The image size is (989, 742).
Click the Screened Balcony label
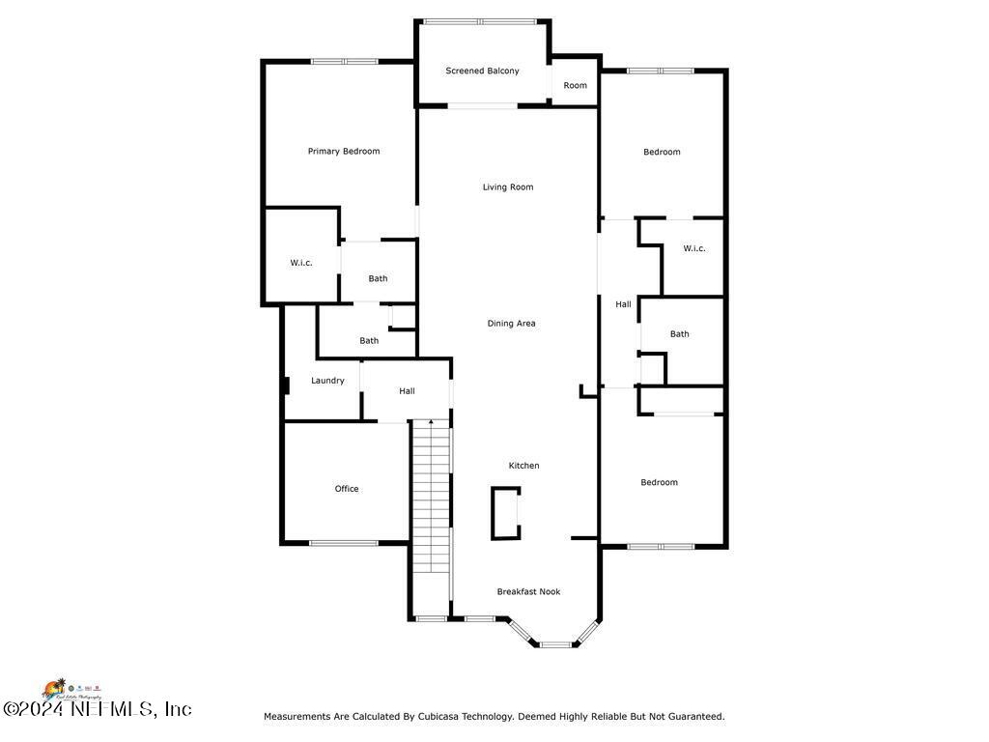click(x=482, y=71)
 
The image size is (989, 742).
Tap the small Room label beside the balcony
click(x=575, y=86)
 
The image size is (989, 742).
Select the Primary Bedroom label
click(x=344, y=151)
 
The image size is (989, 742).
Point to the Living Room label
click(x=508, y=187)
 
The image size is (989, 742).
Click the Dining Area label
click(x=511, y=324)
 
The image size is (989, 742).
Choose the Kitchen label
click(x=524, y=466)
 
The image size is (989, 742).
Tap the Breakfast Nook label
click(x=528, y=591)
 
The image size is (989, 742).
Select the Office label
click(x=347, y=489)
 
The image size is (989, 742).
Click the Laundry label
click(x=327, y=381)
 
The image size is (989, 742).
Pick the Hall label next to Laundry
click(x=407, y=391)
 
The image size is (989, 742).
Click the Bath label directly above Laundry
click(x=369, y=341)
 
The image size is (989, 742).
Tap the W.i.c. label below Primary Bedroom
click(x=301, y=263)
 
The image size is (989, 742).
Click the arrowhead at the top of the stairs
click(x=431, y=422)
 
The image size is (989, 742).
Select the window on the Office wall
click(x=344, y=543)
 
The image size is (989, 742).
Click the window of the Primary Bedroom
click(x=344, y=62)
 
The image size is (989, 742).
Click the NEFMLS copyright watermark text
click(x=97, y=709)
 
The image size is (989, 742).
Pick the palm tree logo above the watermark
click(x=54, y=687)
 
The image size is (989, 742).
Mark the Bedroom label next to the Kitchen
click(x=659, y=482)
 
